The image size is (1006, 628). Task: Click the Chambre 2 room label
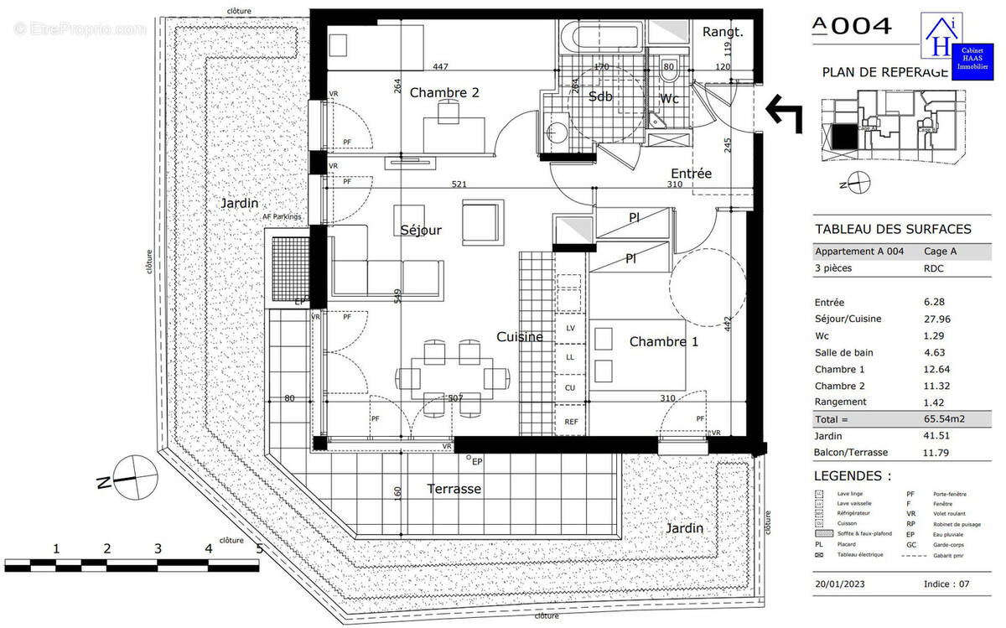point(443,93)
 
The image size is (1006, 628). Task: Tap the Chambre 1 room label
point(663,341)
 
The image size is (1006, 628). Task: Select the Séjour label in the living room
point(420,230)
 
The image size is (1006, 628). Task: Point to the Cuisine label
point(519,337)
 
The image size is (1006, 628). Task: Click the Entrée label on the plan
point(691,174)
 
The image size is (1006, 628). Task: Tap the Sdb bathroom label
point(600,96)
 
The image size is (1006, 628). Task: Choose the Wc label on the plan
point(669,99)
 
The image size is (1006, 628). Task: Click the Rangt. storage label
point(723,32)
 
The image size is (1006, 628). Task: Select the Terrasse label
point(454,489)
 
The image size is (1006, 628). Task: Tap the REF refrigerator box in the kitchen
point(571,422)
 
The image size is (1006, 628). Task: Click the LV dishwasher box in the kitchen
point(571,328)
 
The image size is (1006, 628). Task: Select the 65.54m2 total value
point(927,419)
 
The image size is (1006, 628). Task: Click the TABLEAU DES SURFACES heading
point(893,229)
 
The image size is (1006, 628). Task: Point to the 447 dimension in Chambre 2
point(441,66)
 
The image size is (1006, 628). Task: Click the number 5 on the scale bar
point(259,549)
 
